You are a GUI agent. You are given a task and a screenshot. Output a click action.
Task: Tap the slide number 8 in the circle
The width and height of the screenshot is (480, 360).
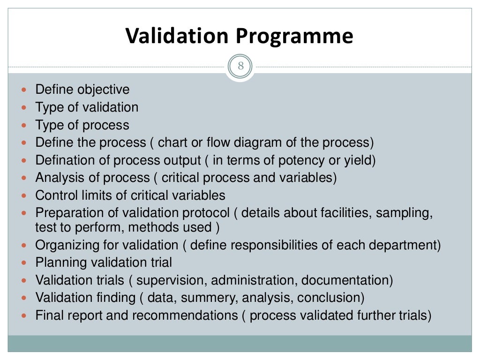point(240,66)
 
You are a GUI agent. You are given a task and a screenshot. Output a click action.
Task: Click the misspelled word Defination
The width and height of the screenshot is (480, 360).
point(65,160)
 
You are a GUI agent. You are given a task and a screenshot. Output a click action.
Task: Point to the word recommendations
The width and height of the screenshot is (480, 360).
point(185,316)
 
